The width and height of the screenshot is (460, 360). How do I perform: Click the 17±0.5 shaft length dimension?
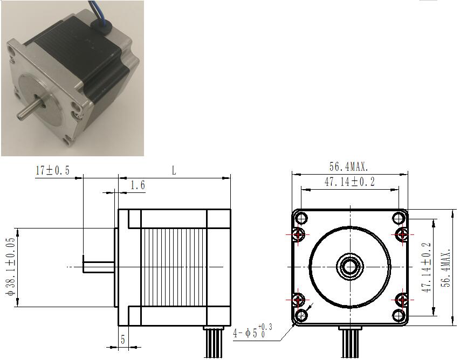[52, 170]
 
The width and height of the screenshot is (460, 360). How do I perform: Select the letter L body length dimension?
[174, 170]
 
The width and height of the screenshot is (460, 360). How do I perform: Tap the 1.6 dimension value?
[138, 185]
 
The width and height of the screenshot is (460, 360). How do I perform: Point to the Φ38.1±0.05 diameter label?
[11, 266]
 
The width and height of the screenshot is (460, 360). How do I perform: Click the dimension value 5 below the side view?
[123, 340]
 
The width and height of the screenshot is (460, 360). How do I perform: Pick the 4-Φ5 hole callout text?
[252, 331]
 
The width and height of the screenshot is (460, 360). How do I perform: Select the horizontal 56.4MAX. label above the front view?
[349, 167]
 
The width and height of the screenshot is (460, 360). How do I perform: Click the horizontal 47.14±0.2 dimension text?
[349, 182]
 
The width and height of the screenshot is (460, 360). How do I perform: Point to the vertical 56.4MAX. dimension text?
[446, 268]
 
